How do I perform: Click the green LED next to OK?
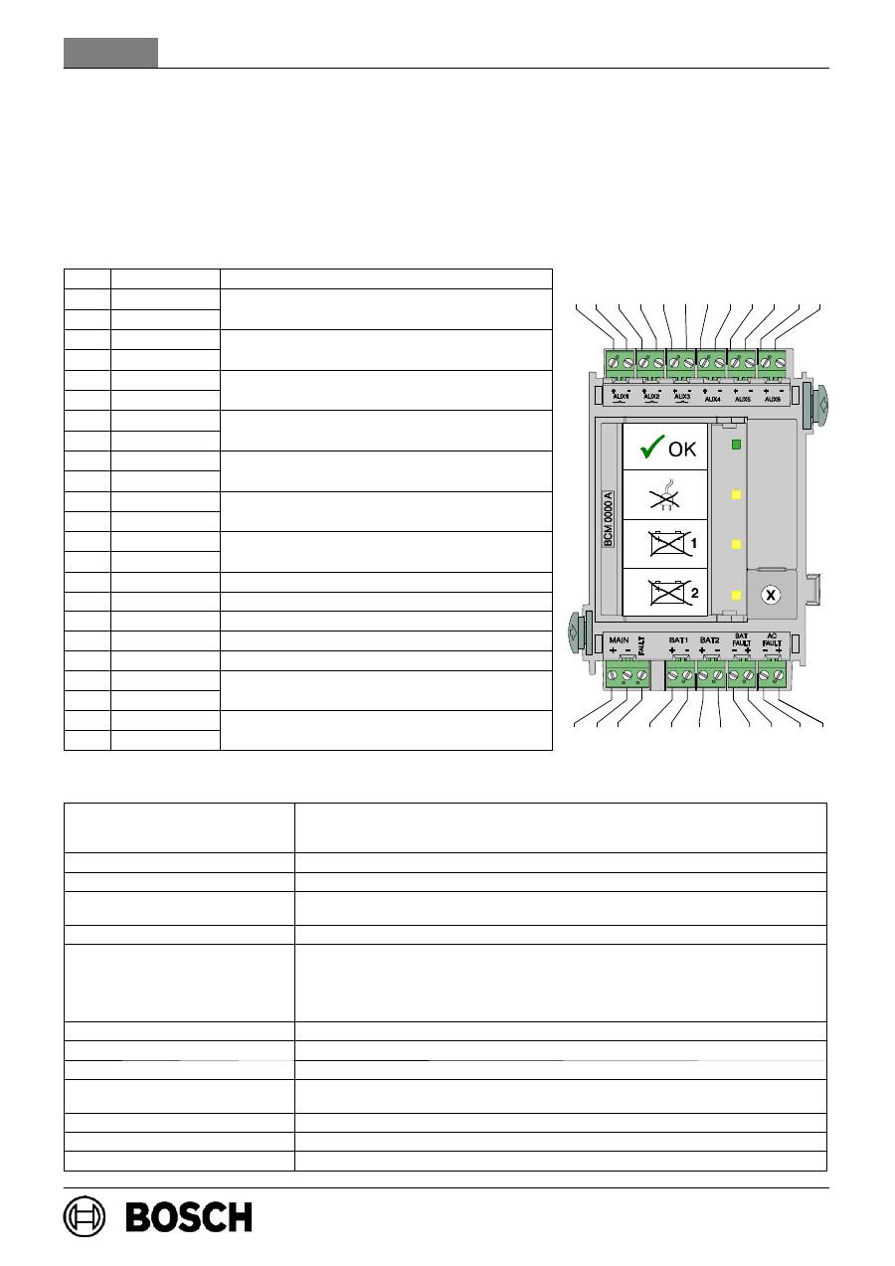[737, 445]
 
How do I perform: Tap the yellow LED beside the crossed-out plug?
[737, 494]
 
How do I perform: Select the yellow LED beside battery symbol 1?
[737, 544]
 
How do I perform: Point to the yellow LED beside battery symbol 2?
[737, 595]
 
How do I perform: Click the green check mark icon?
[650, 450]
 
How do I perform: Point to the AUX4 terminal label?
[712, 398]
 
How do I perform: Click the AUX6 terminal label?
[773, 398]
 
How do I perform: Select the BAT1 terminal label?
[679, 638]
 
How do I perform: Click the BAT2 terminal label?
[709, 638]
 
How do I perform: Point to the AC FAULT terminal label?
[772, 638]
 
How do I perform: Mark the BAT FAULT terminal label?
[741, 638]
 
